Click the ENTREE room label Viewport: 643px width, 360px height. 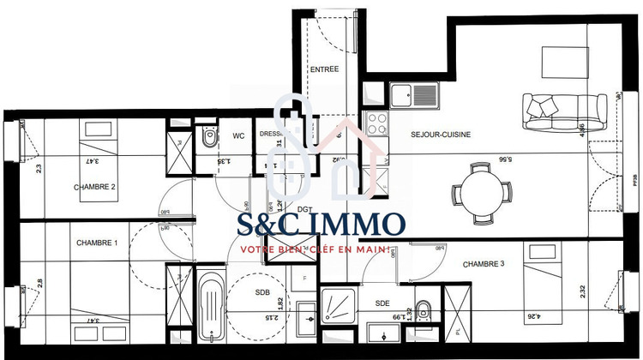[x=325, y=69]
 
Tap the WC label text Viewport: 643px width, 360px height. [x=239, y=135]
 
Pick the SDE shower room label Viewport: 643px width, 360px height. [x=382, y=303]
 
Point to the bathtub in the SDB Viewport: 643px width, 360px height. [x=211, y=308]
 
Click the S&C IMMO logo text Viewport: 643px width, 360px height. [x=321, y=225]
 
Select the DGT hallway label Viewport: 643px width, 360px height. [x=303, y=209]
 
